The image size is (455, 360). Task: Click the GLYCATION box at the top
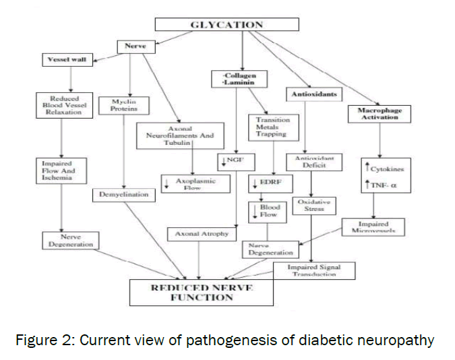click(226, 25)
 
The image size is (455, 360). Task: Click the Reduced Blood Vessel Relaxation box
click(61, 104)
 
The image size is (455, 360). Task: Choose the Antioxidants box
click(313, 94)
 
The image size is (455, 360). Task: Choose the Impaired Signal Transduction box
click(313, 270)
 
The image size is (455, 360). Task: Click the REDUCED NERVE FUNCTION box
click(202, 292)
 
